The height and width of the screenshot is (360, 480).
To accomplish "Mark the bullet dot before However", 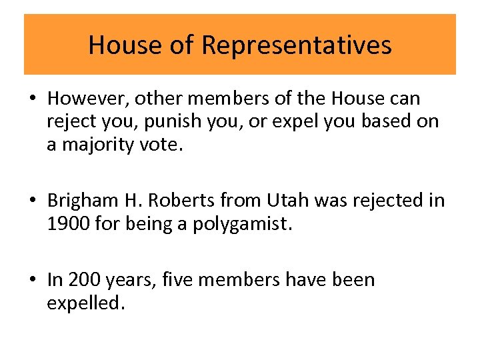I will (x=33, y=99).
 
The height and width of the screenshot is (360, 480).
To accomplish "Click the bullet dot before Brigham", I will (x=33, y=201).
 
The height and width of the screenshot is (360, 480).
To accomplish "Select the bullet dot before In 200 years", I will (x=33, y=281).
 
